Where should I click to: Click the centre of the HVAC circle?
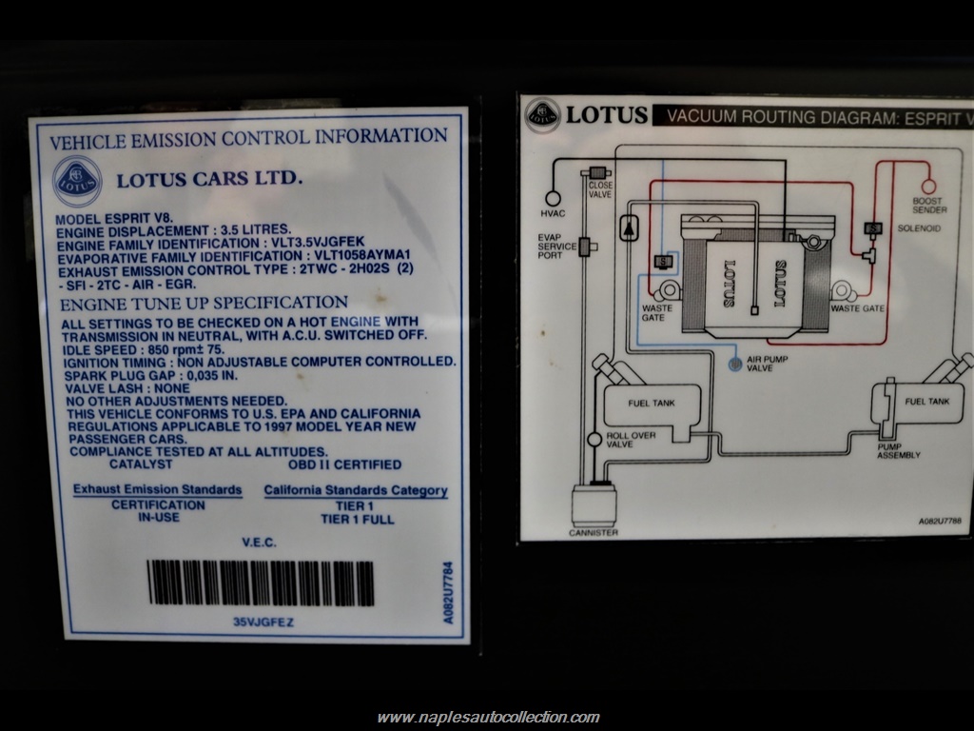(553, 198)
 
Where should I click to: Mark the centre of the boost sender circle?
(928, 186)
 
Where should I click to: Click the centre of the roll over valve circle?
(594, 440)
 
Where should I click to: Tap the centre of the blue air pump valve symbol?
(735, 364)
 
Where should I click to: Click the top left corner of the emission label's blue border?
(37, 125)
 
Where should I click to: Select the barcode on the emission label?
(261, 583)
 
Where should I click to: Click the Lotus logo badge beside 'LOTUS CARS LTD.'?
(77, 181)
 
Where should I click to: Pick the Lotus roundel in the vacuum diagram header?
(542, 115)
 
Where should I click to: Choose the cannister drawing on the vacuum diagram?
(594, 505)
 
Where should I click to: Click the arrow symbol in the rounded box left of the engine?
(629, 227)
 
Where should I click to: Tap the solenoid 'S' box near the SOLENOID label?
(873, 228)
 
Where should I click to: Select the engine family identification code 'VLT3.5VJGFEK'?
(318, 242)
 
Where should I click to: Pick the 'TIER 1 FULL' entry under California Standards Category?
(358, 519)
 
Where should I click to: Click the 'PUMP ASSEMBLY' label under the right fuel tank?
(898, 450)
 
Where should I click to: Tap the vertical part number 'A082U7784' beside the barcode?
(448, 592)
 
